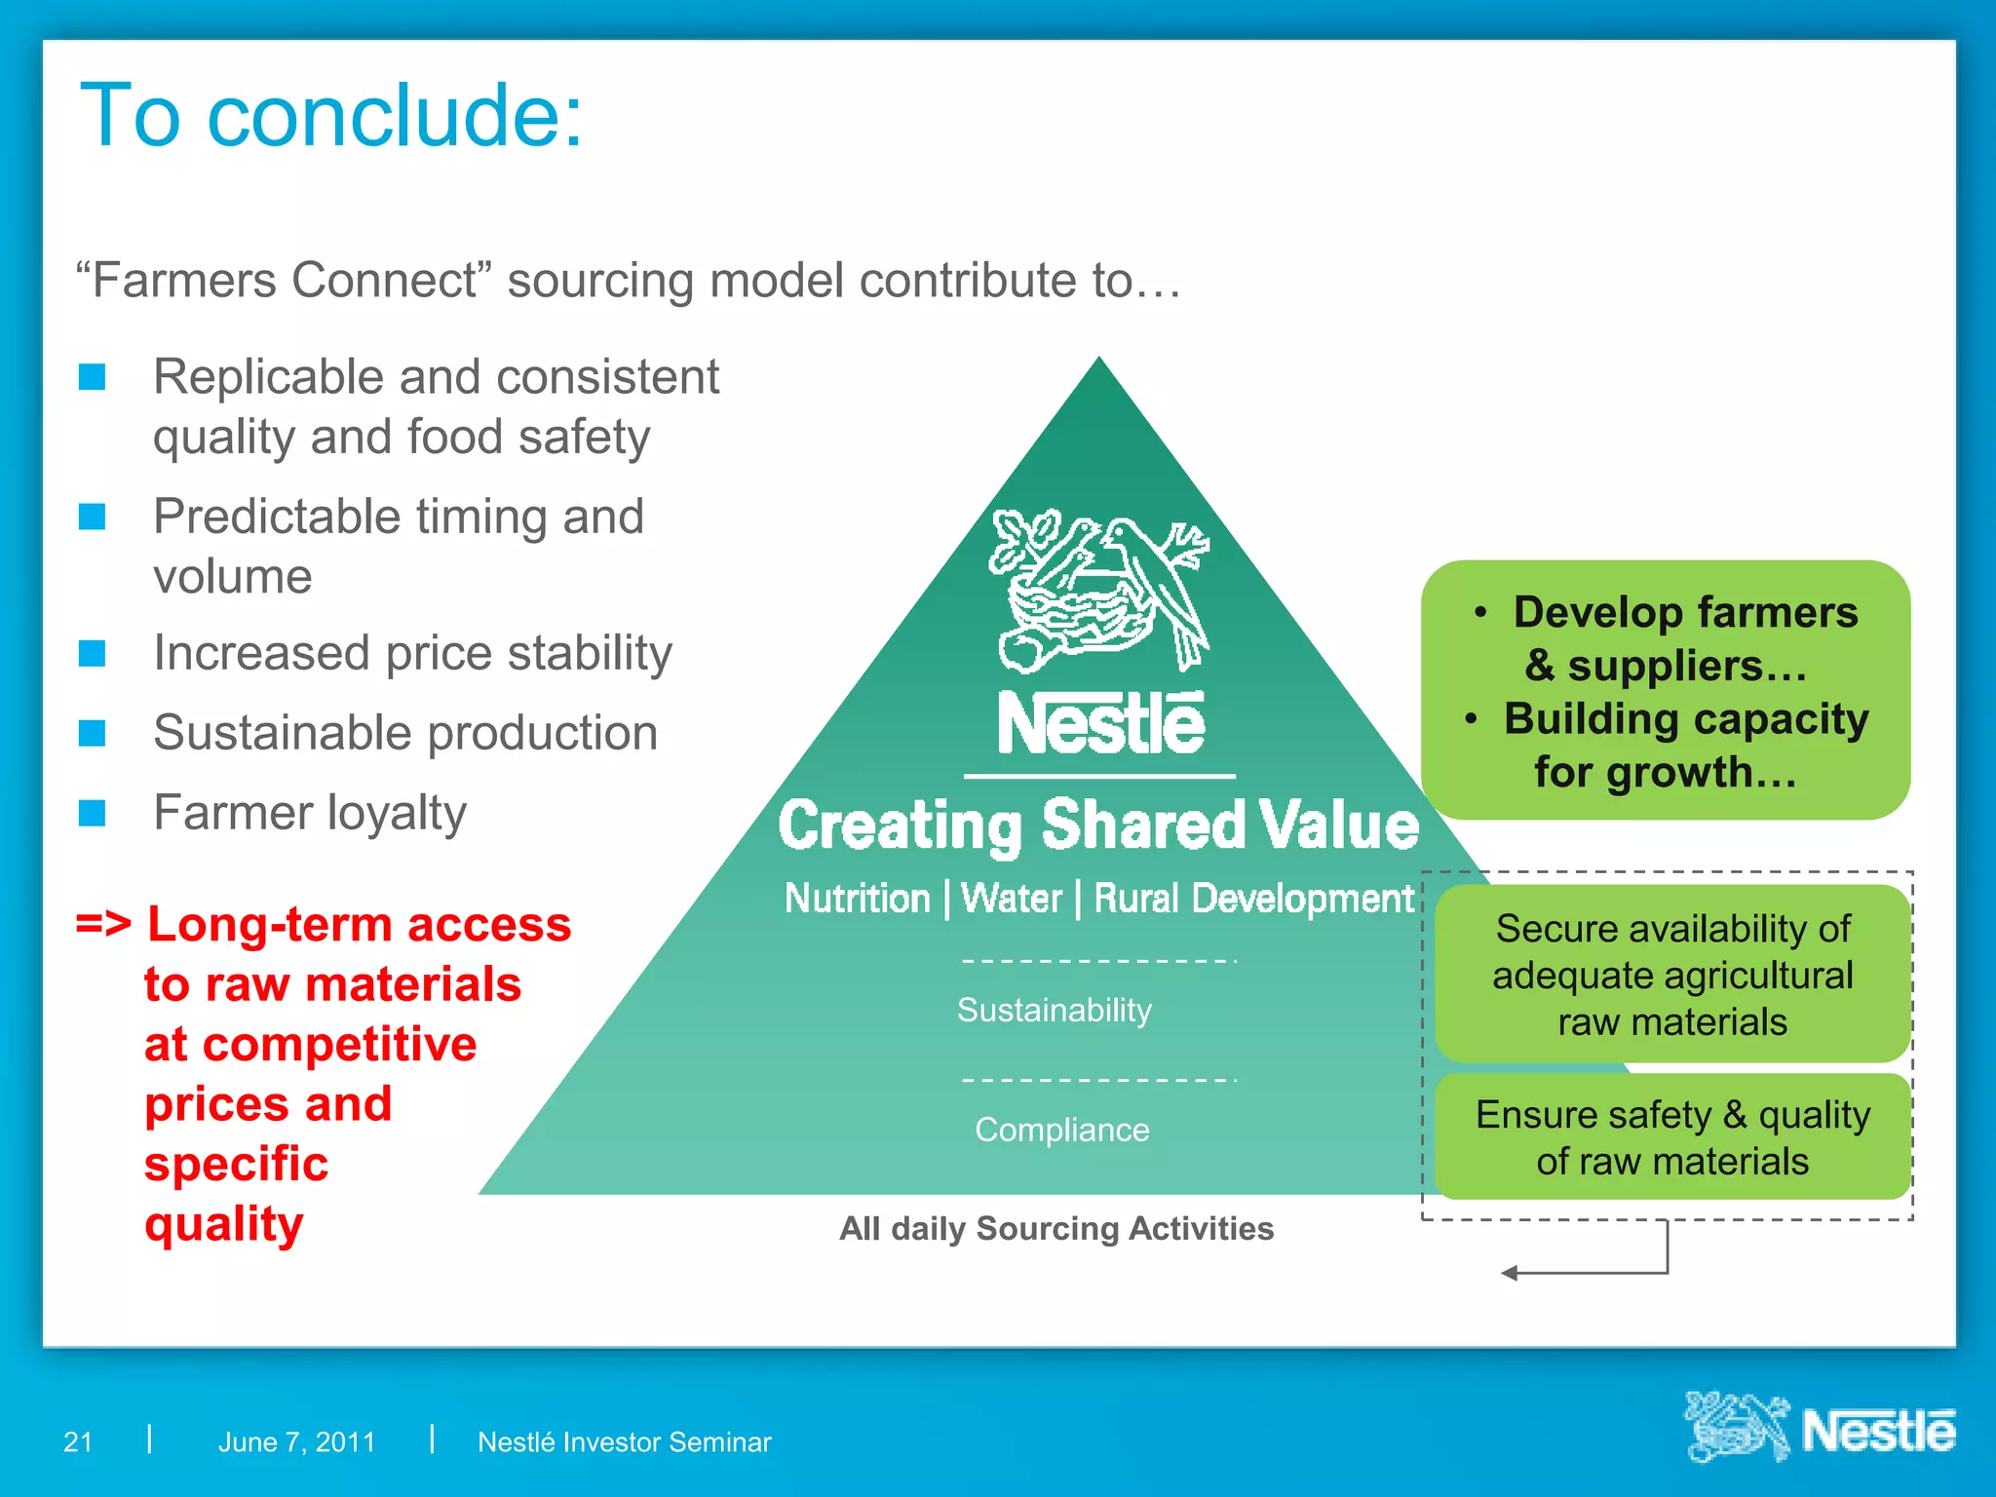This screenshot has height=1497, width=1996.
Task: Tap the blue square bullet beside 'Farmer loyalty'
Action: [x=93, y=812]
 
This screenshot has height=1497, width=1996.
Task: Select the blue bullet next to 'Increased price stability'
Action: [x=93, y=653]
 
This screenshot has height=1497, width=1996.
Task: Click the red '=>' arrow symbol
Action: [x=103, y=923]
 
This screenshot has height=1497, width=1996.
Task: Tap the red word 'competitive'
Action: [x=310, y=1044]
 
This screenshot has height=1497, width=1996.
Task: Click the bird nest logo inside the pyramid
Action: [x=1099, y=590]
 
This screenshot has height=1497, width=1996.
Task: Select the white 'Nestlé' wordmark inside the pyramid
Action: [x=1100, y=725]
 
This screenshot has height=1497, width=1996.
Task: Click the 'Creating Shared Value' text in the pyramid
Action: [x=1098, y=825]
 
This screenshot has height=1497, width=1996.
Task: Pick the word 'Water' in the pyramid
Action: [x=1012, y=899]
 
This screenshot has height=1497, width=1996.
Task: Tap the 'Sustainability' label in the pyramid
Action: [x=1054, y=1010]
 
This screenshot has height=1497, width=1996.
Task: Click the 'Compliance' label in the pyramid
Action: [x=1061, y=1130]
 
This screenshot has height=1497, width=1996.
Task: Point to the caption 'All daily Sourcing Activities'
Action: [x=1056, y=1229]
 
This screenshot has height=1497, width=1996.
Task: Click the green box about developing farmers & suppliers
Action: [x=1666, y=690]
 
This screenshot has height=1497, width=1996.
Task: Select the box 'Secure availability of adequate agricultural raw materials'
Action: [x=1671, y=975]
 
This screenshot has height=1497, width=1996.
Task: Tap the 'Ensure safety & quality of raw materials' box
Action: [x=1671, y=1137]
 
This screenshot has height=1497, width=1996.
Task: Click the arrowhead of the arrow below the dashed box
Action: [x=1509, y=1273]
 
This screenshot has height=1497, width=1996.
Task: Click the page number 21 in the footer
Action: [x=78, y=1441]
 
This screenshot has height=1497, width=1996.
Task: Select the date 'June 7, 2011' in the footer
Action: [x=296, y=1441]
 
